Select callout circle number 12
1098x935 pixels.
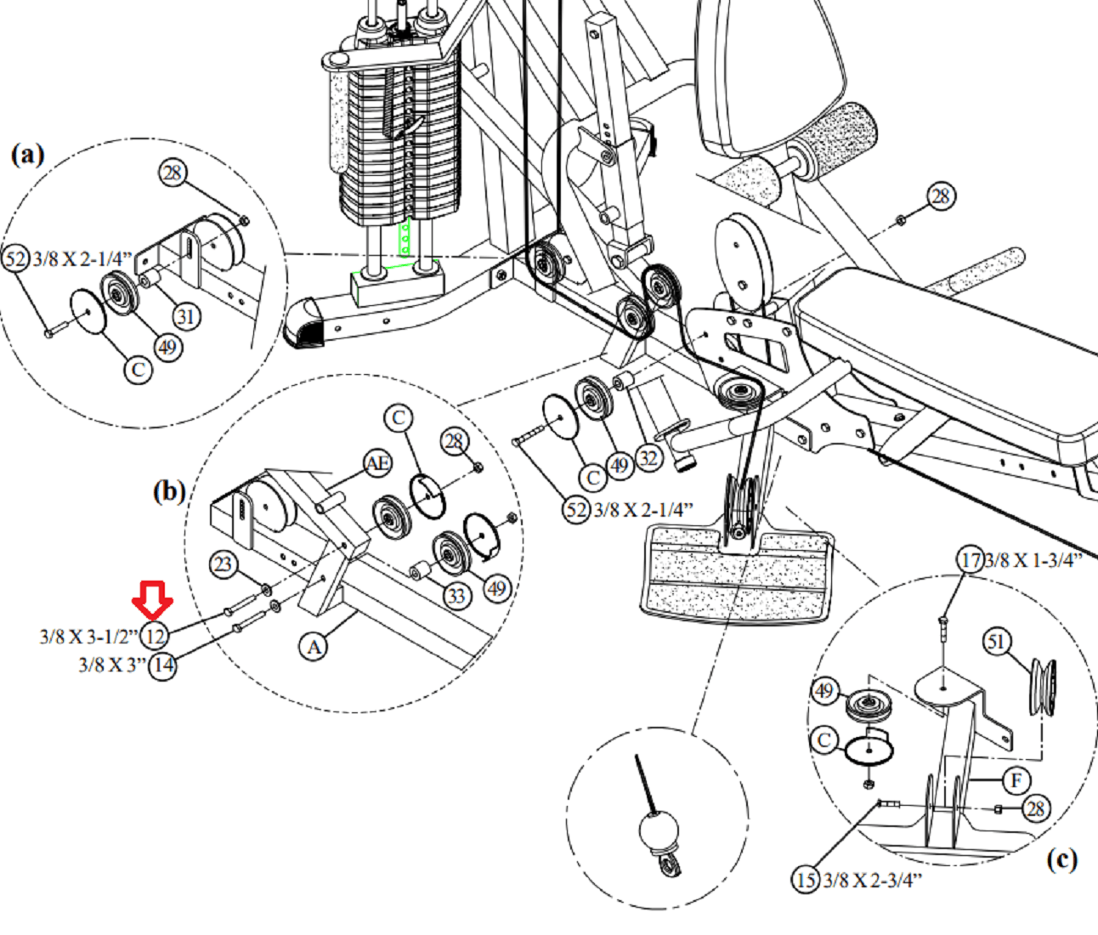pyautogui.click(x=155, y=635)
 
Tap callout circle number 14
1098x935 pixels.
pyautogui.click(x=162, y=665)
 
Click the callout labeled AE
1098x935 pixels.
pyautogui.click(x=377, y=463)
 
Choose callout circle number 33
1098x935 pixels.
pyautogui.click(x=456, y=595)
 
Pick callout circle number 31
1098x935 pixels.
pyautogui.click(x=187, y=317)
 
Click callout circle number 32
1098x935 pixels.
pyautogui.click(x=649, y=458)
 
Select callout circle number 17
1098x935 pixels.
pyautogui.click(x=971, y=560)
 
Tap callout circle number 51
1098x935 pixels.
pyautogui.click(x=998, y=642)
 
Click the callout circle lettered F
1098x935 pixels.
pyautogui.click(x=1016, y=780)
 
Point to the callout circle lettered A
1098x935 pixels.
pyautogui.click(x=314, y=647)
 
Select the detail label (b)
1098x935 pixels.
pyautogui.click(x=168, y=491)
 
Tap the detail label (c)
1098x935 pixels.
pyautogui.click(x=1061, y=859)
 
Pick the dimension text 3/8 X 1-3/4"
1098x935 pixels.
pyautogui.click(x=1033, y=561)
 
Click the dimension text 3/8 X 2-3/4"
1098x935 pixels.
pyautogui.click(x=872, y=880)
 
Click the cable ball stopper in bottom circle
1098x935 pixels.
pyautogui.click(x=658, y=829)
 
